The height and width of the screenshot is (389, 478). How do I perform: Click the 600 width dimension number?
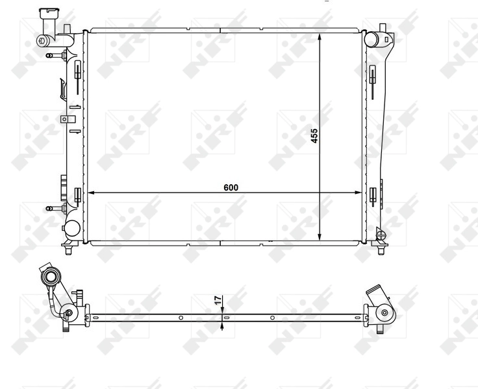pyautogui.click(x=231, y=187)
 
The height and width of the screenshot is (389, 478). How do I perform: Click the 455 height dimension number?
pyautogui.click(x=314, y=136)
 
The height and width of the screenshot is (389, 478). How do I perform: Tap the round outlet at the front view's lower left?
pyautogui.click(x=71, y=228)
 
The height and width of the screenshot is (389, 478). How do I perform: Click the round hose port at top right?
pyautogui.click(x=373, y=38)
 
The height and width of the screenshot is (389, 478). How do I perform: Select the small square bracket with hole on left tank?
pyautogui.click(x=64, y=119)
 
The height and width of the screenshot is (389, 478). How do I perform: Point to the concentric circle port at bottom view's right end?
pyautogui.click(x=385, y=313)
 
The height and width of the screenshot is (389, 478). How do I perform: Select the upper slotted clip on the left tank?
pyautogui.click(x=77, y=71)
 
